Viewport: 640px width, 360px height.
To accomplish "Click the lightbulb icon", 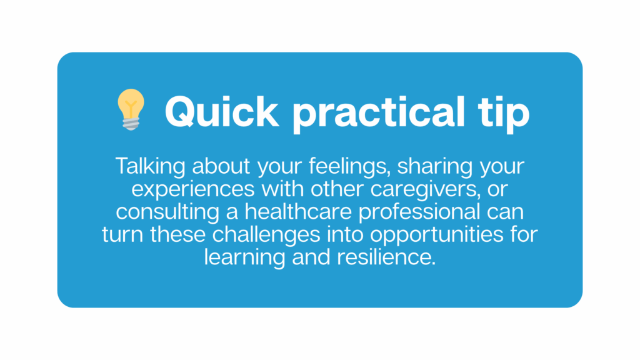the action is (x=131, y=109).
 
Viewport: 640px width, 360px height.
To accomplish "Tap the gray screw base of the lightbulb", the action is (x=131, y=124).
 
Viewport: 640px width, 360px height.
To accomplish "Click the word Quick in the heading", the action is (x=222, y=111).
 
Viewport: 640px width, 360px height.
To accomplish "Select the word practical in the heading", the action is (x=378, y=114).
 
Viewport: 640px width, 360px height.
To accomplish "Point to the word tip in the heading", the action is (x=504, y=114).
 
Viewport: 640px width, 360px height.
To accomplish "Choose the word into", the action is (x=346, y=234).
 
